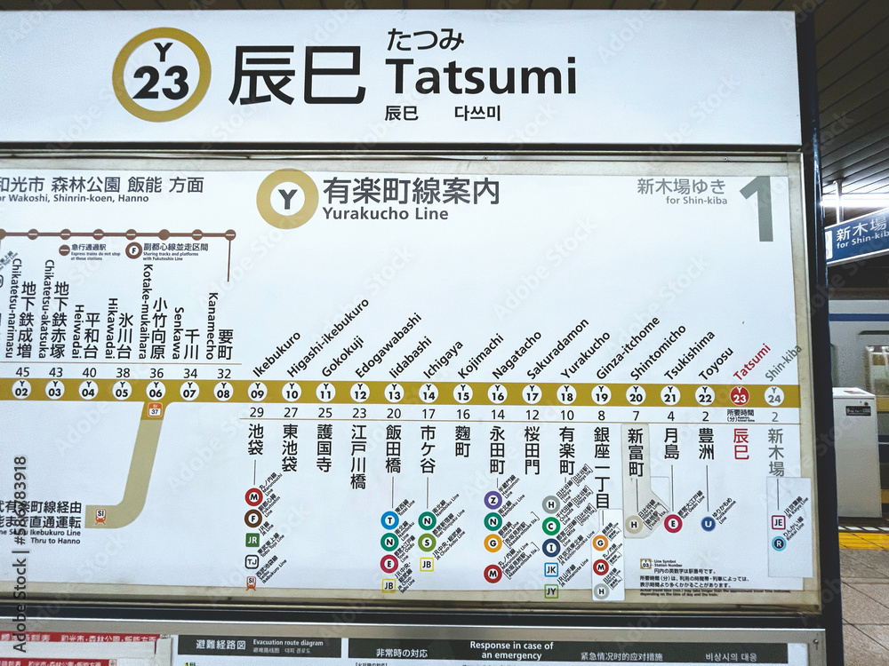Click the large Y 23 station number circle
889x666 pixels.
coord(162,75)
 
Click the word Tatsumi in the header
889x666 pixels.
coord(480,76)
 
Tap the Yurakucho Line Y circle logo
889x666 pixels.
coord(287,199)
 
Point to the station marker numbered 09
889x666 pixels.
coord(257,392)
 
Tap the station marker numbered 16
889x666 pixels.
coord(497,393)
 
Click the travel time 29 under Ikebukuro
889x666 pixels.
coord(256,413)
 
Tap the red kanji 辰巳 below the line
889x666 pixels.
coord(741,444)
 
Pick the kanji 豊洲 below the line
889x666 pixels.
coord(707,444)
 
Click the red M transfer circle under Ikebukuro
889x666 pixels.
coord(253,496)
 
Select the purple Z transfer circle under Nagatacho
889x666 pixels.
coord(493,500)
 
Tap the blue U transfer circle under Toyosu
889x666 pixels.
coord(708,524)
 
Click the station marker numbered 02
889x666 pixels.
coord(21,390)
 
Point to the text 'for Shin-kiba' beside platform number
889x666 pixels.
coord(696,201)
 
